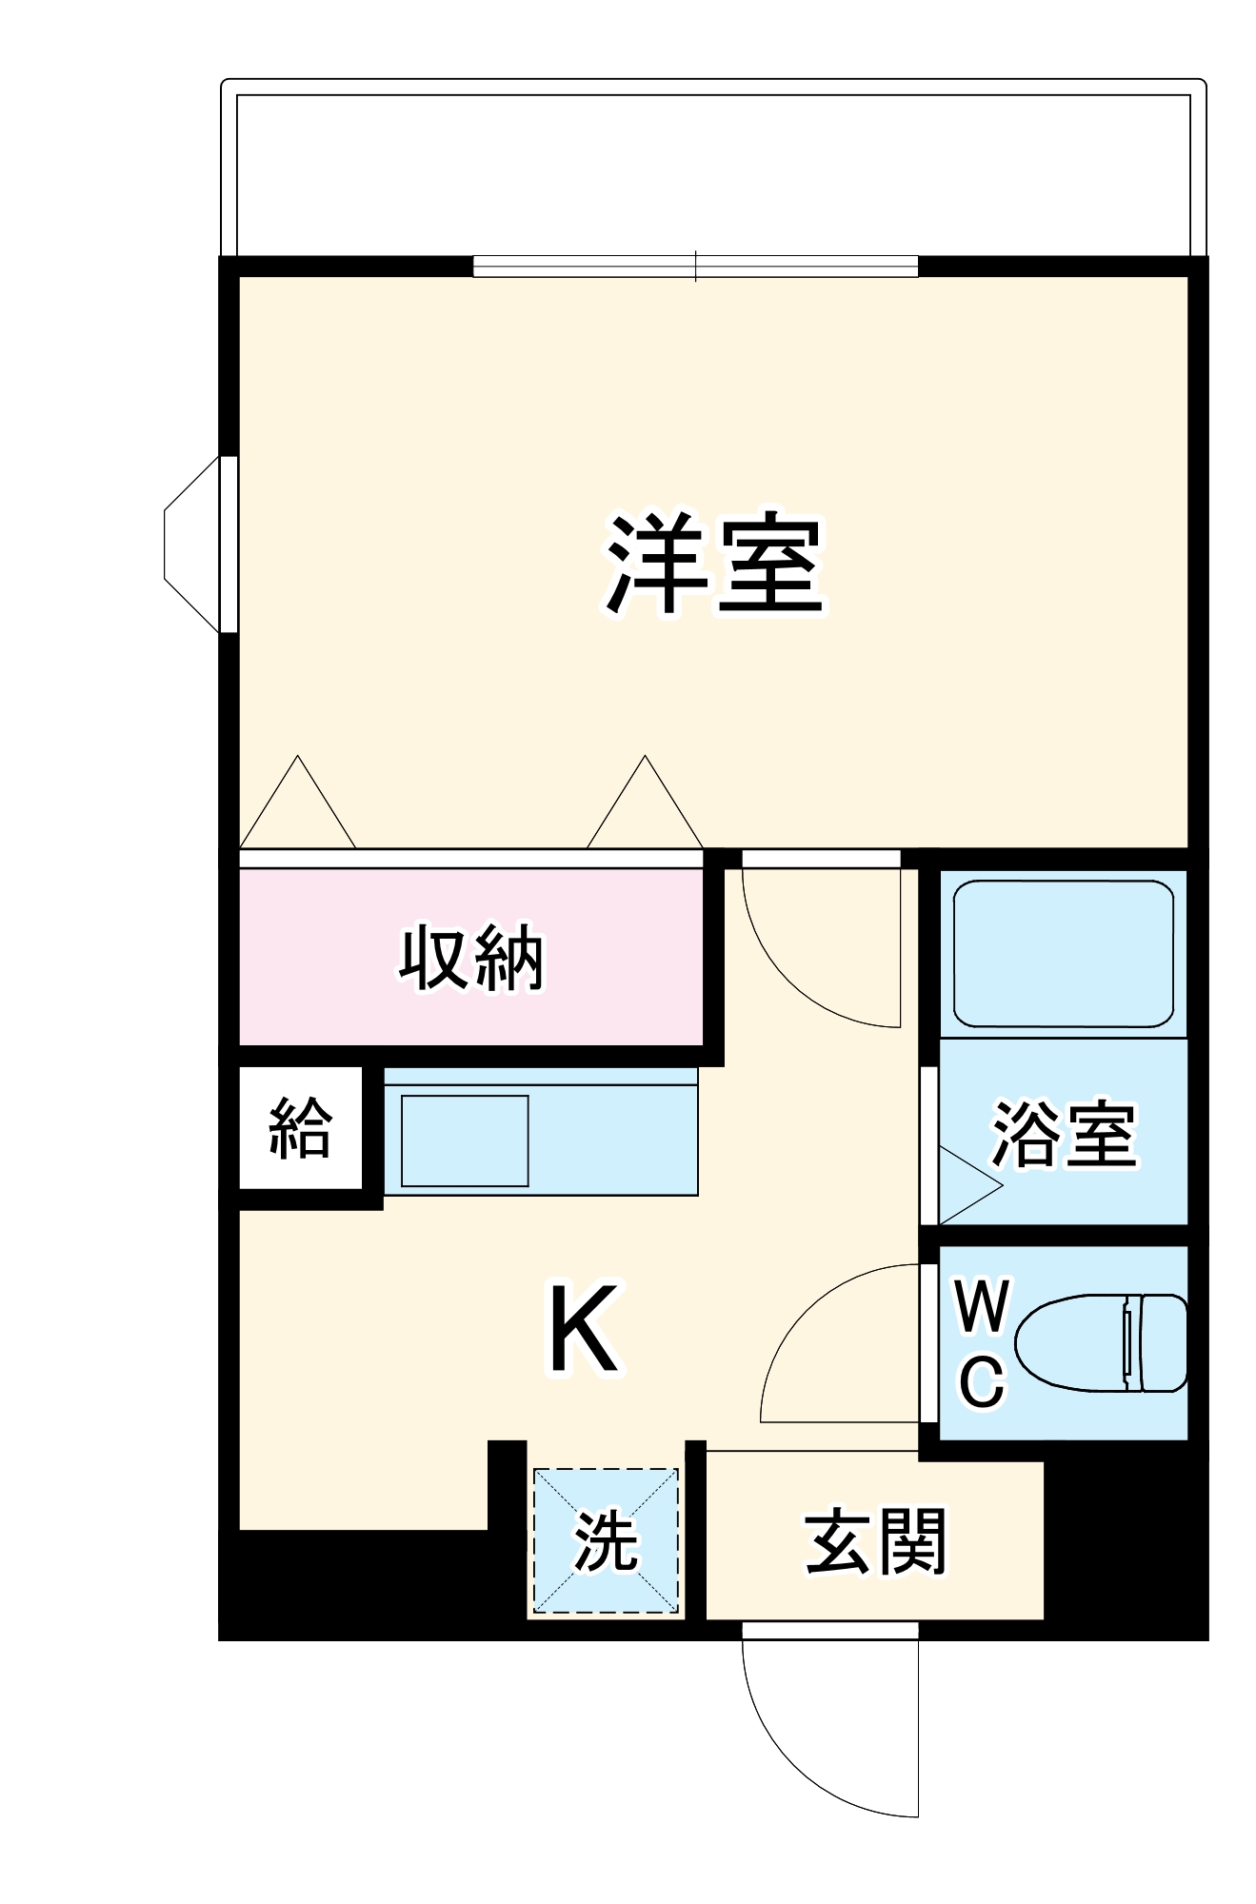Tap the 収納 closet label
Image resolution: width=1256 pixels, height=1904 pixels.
tap(470, 958)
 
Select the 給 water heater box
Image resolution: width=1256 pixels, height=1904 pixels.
tap(300, 1128)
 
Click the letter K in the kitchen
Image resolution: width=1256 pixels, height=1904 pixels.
tap(583, 1329)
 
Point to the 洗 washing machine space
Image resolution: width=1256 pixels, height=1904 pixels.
tap(605, 1541)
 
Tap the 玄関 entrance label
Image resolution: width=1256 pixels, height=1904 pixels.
tap(875, 1541)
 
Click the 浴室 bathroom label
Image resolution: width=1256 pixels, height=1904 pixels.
tap(1064, 1133)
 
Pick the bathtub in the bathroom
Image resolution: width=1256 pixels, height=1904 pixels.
tap(1063, 954)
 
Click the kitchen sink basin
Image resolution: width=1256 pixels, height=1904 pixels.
tap(465, 1140)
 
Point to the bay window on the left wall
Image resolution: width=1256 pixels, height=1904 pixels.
tap(195, 545)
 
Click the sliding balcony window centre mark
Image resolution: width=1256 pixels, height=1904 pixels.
tap(696, 266)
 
